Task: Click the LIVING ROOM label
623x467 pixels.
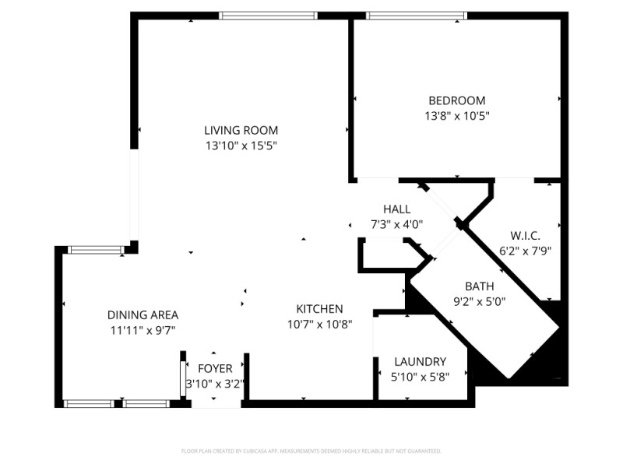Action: [x=241, y=130]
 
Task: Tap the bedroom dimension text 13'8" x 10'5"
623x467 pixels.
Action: [x=456, y=115]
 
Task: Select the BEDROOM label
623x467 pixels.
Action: [x=456, y=100]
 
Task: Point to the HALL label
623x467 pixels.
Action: [x=396, y=209]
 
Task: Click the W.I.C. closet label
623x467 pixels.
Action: [x=525, y=236]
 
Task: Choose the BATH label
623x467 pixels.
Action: [x=479, y=286]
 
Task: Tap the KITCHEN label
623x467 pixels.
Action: [x=319, y=309]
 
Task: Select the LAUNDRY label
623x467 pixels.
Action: [x=420, y=362]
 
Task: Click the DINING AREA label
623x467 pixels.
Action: [x=143, y=315]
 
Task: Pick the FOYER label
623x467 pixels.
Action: [x=215, y=368]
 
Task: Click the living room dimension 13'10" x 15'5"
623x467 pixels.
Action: [x=241, y=145]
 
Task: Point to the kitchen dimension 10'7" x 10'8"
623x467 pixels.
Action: [x=319, y=324]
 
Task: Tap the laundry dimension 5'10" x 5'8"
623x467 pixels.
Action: [x=420, y=377]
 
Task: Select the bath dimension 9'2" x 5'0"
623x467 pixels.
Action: [x=479, y=300]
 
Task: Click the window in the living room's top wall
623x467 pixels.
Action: [x=269, y=15]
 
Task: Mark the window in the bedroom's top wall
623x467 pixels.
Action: [x=416, y=15]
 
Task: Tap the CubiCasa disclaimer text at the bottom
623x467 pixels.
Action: [x=311, y=451]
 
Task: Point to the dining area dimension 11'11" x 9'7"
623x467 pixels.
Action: [x=143, y=330]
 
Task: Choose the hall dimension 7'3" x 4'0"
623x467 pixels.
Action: [x=396, y=224]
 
